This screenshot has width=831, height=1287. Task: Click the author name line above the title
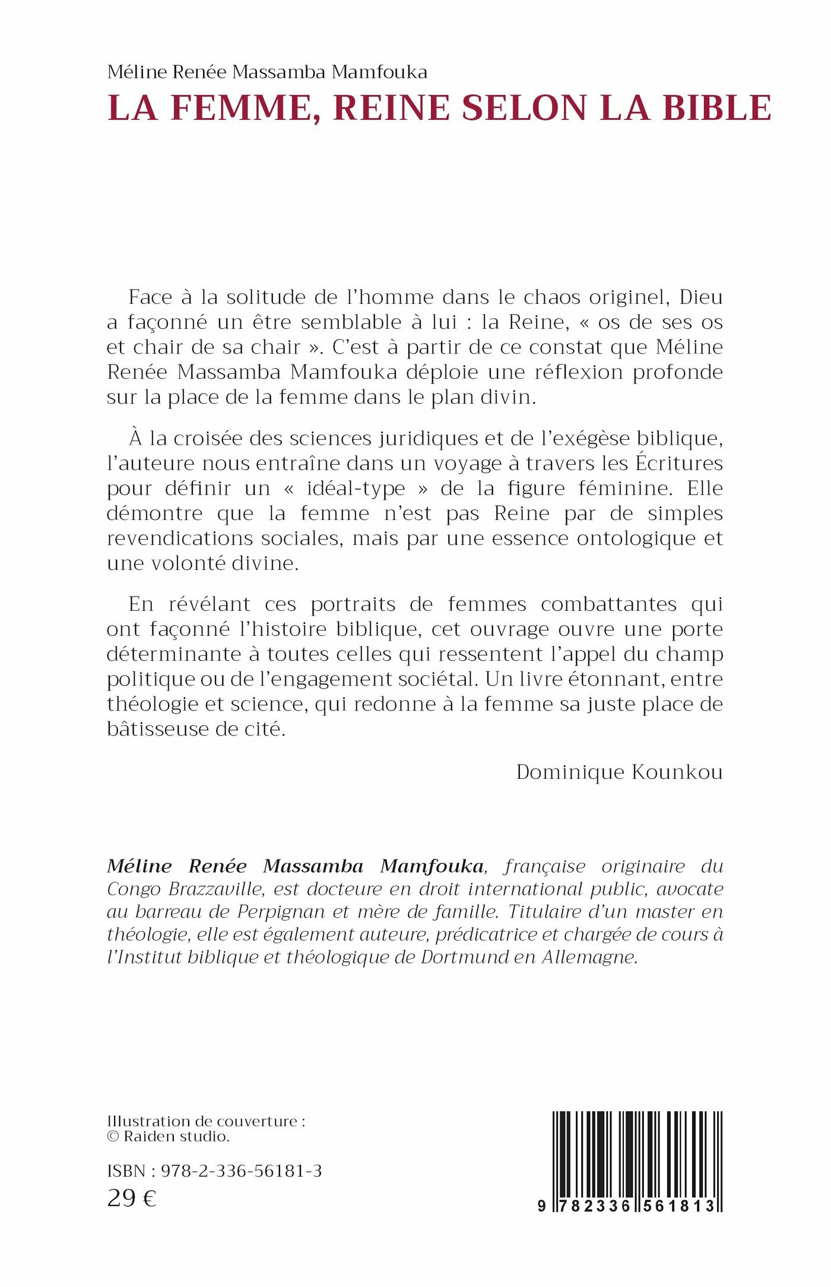click(267, 72)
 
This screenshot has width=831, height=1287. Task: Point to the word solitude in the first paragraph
click(274, 297)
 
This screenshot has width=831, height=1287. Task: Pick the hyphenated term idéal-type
click(356, 489)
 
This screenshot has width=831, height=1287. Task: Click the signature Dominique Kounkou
click(619, 772)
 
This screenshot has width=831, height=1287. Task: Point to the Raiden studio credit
click(176, 1137)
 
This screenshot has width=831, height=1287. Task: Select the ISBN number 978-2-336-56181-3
click(241, 1171)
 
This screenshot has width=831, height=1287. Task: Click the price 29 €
click(132, 1199)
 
